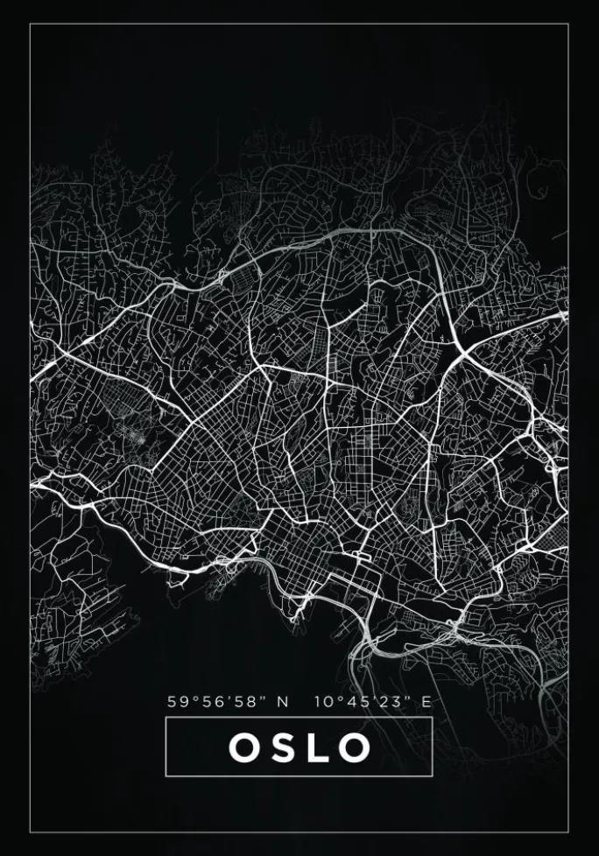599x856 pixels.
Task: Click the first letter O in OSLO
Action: pyautogui.click(x=243, y=747)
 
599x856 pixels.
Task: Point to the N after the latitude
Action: pyautogui.click(x=283, y=701)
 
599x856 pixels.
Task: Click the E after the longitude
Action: pyautogui.click(x=427, y=701)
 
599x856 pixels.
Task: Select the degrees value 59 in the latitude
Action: pyautogui.click(x=178, y=701)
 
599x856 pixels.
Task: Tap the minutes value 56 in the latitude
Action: pyautogui.click(x=211, y=701)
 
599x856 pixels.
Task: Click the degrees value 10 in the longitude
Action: pyautogui.click(x=322, y=701)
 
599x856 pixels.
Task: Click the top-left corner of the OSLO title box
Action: pyautogui.click(x=166, y=718)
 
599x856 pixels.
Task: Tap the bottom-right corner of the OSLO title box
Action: pyautogui.click(x=433, y=776)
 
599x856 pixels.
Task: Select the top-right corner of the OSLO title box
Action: pyautogui.click(x=433, y=718)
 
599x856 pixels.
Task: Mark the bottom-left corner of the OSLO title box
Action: pyautogui.click(x=166, y=776)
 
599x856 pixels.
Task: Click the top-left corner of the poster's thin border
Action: pyautogui.click(x=30, y=25)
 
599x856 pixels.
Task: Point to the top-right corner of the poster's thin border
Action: pyautogui.click(x=568, y=25)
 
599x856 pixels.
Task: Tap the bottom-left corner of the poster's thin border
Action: pyautogui.click(x=30, y=831)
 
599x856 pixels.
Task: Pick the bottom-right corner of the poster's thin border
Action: pyautogui.click(x=568, y=831)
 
